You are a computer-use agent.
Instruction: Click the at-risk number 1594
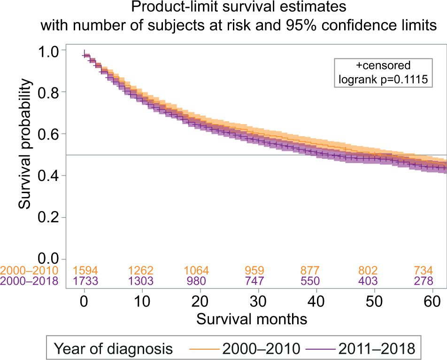(x=84, y=271)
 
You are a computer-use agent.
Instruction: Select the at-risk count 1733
(x=84, y=281)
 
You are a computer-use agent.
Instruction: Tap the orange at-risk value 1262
(x=142, y=271)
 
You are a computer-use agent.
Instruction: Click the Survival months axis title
(x=252, y=320)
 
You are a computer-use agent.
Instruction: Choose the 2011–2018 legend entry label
(x=383, y=349)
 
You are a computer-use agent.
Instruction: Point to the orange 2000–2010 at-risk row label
(x=30, y=271)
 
